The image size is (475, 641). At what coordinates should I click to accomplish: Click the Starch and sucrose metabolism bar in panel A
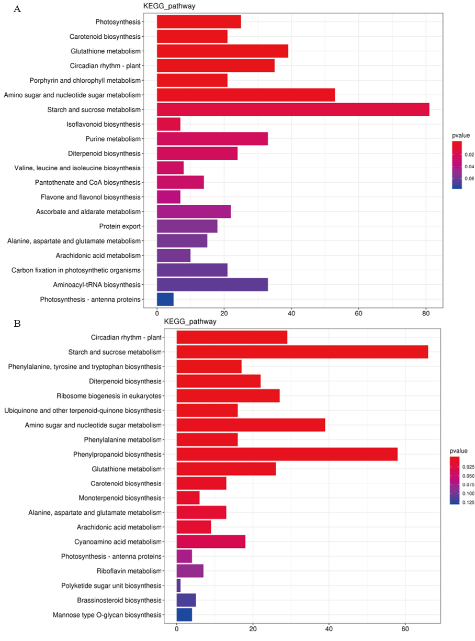(293, 109)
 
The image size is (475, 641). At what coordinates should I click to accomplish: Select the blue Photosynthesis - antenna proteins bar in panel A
(165, 299)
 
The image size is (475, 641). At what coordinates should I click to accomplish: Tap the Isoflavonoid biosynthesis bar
(168, 124)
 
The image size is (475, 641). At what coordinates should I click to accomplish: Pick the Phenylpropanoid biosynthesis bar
(287, 454)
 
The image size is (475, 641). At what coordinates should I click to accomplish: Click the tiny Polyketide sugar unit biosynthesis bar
(178, 585)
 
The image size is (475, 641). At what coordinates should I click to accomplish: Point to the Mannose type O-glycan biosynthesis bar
(184, 615)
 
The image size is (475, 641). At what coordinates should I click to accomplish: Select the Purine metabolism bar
(212, 139)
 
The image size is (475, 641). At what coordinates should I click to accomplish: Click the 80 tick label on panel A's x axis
(426, 313)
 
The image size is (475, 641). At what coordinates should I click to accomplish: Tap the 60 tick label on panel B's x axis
(405, 629)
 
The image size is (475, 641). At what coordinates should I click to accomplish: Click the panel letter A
(17, 9)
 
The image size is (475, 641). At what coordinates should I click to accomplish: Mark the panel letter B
(17, 324)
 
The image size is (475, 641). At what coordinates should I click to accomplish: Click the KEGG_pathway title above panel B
(190, 322)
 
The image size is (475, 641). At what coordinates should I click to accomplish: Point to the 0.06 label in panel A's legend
(469, 178)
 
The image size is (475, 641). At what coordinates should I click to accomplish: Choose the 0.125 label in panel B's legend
(468, 502)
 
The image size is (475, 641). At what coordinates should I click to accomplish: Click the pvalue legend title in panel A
(460, 136)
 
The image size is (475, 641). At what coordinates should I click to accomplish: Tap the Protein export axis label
(120, 226)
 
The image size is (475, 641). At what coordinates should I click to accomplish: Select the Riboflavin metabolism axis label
(129, 571)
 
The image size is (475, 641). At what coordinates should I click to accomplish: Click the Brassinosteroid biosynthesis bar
(186, 600)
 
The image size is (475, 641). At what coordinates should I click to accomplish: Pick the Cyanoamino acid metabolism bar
(211, 541)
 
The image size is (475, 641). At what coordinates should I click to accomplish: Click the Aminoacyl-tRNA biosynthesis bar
(212, 285)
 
